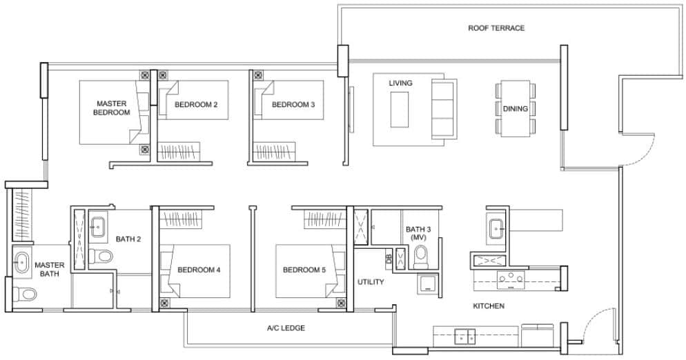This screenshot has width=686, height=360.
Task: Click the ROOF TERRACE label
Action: (x=496, y=28)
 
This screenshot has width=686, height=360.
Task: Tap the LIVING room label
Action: (x=400, y=83)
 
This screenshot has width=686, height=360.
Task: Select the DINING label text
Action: (x=516, y=109)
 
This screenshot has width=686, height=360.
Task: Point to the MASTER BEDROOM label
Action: (x=112, y=108)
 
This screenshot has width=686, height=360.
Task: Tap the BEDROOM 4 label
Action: (x=199, y=270)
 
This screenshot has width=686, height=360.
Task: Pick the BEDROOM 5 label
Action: (x=304, y=270)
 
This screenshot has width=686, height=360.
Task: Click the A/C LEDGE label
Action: (x=286, y=328)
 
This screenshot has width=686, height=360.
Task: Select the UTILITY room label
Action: (x=371, y=282)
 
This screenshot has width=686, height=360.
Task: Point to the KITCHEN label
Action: (x=488, y=306)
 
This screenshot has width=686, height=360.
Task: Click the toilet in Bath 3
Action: (x=420, y=257)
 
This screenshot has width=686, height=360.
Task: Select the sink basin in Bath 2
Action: (x=98, y=226)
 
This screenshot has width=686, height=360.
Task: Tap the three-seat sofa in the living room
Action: (x=443, y=110)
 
